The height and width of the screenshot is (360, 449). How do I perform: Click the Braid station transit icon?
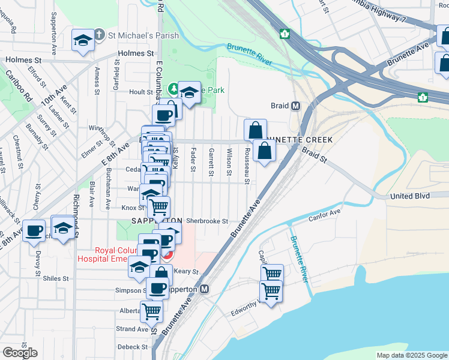pyautogui.click(x=295, y=106)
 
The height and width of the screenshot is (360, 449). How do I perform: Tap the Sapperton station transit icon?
pyautogui.click(x=205, y=289)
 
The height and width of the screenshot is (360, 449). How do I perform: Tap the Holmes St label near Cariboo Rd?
pyautogui.click(x=23, y=61)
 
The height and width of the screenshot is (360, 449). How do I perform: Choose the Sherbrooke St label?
pyautogui.click(x=207, y=221)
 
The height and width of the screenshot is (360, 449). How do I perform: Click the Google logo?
pyautogui.click(x=20, y=352)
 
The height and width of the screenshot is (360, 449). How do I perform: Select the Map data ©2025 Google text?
pyautogui.click(x=412, y=355)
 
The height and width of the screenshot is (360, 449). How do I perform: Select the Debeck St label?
pyautogui.click(x=133, y=347)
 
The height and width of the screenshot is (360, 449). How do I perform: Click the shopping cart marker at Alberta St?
pyautogui.click(x=151, y=311)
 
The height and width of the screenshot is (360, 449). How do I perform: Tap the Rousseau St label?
pyautogui.click(x=247, y=165)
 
